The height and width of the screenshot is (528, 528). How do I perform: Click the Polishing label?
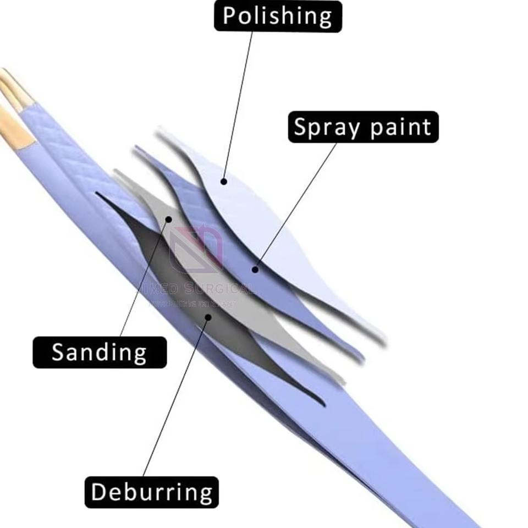pos(278,16)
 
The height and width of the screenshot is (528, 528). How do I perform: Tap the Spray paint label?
pos(363,127)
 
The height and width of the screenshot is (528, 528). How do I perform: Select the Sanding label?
pos(99,352)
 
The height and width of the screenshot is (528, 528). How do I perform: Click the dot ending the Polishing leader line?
pos(223,180)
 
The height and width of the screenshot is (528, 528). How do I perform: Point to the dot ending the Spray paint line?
pos(255,269)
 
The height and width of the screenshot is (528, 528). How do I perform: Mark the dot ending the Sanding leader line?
pos(169,219)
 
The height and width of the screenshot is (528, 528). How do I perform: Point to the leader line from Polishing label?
pos(239,99)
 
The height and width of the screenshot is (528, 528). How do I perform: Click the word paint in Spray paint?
pos(400,127)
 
